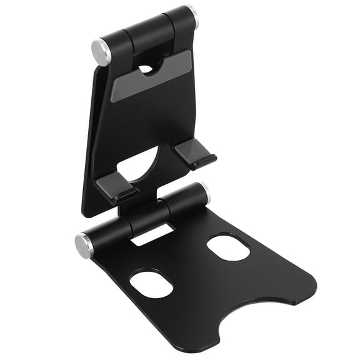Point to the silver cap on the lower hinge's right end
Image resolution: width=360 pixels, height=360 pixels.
(204, 191)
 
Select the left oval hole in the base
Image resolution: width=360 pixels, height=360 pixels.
(151, 284)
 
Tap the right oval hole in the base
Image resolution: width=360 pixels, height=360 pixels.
(228, 246)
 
